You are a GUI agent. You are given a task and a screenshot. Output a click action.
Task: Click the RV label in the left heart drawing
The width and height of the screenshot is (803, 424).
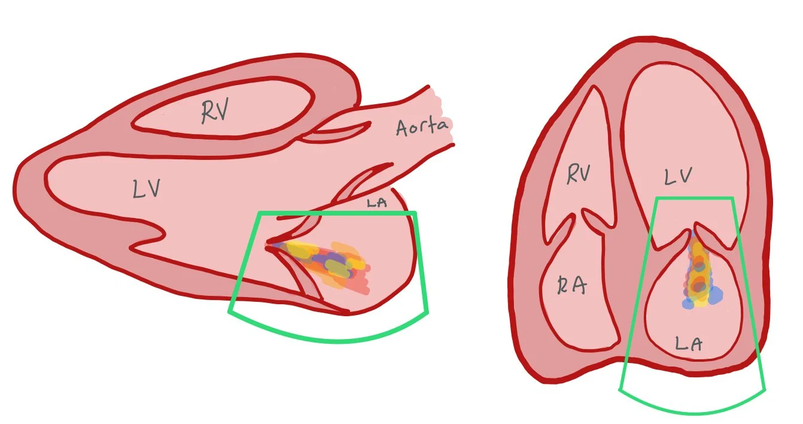tap(215, 112)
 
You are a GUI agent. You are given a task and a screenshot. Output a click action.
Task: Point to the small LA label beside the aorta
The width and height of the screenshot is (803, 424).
tap(376, 203)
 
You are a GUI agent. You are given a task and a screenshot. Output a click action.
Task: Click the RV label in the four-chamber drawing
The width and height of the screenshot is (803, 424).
tap(579, 175)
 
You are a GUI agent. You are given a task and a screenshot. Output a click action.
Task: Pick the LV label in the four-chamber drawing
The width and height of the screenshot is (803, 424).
tap(678, 176)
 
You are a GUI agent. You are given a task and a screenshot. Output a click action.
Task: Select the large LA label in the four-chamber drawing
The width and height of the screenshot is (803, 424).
tap(688, 343)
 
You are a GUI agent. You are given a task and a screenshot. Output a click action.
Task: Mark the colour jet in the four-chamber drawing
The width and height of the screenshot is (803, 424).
tap(699, 272)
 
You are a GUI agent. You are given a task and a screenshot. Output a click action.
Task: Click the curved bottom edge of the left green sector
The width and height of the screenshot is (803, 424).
tap(335, 340)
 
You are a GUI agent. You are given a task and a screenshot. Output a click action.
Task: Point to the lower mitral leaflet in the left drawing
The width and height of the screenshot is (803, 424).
tap(305, 281)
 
